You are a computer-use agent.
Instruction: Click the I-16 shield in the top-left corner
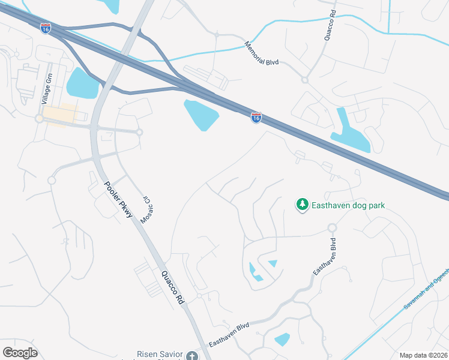coord(46,28)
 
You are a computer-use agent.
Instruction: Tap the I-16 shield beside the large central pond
coord(256,118)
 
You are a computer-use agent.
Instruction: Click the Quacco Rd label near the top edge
coord(328,26)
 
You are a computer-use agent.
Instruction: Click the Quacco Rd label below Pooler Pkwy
coord(172,288)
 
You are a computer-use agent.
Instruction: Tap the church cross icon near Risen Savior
coord(192,356)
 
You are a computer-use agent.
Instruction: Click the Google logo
coord(20,353)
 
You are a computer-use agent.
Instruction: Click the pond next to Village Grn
coord(82,83)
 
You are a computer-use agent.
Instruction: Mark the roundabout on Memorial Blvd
coord(304,80)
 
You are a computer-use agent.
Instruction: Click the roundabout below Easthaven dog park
coord(331,228)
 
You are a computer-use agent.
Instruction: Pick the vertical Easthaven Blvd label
coord(324,257)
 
